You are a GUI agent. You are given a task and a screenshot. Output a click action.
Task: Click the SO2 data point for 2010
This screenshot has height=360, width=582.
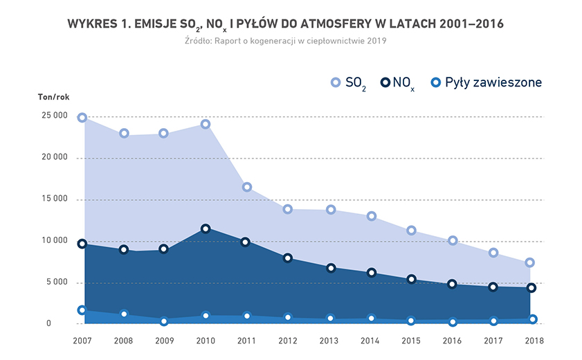click(x=206, y=125)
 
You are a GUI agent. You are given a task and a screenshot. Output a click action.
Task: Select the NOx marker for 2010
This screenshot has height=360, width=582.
click(x=206, y=228)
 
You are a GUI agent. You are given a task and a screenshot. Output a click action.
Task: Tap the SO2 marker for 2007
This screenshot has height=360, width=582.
click(x=82, y=118)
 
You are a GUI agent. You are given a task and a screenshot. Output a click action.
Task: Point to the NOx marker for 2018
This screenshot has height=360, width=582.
click(x=531, y=287)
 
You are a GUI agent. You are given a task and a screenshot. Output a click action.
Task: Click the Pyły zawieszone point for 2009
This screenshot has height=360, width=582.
click(x=164, y=321)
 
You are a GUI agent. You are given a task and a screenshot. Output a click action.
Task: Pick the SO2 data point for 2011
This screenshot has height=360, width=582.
click(x=246, y=187)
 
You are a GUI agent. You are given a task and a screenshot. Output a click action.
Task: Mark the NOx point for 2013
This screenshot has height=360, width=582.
click(x=331, y=268)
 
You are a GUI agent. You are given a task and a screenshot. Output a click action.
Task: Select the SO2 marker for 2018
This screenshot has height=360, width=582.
click(x=529, y=262)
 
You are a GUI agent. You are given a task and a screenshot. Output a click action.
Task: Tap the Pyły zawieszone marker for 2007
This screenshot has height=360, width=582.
click(x=82, y=310)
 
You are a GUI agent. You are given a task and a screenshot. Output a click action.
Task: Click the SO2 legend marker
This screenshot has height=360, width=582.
click(x=336, y=83)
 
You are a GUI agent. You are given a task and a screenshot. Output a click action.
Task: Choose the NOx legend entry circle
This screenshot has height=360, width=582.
click(x=385, y=83)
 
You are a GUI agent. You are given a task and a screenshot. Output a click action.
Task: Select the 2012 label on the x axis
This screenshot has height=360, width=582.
click(x=288, y=341)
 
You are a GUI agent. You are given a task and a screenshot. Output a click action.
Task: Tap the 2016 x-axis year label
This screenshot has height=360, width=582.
click(x=452, y=341)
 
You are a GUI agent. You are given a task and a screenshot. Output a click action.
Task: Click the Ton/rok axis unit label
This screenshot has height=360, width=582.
click(x=53, y=97)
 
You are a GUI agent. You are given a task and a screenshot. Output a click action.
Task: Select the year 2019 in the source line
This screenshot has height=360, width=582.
click(x=375, y=41)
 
